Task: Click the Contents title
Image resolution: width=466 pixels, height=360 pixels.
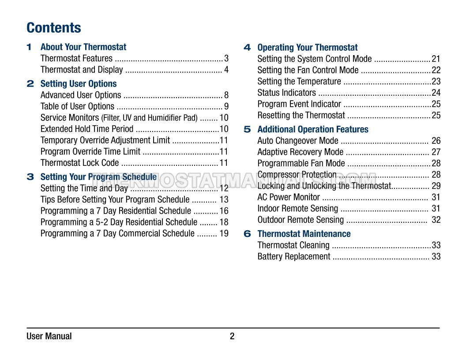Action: [54, 28]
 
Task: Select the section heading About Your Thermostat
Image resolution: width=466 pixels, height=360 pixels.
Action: [83, 47]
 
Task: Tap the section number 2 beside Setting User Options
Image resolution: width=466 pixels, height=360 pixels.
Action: [30, 83]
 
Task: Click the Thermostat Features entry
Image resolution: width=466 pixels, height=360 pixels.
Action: [76, 58]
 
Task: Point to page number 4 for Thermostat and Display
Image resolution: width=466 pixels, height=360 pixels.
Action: [226, 70]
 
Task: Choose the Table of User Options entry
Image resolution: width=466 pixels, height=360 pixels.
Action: [77, 106]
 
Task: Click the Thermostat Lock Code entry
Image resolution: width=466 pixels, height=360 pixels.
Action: [79, 163]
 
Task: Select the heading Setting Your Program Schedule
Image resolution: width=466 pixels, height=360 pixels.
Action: [98, 177]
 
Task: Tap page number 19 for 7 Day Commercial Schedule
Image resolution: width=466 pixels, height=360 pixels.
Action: [224, 234]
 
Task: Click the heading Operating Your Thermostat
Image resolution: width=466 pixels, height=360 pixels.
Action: [308, 48]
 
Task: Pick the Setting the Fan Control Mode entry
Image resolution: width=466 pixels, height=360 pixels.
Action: [308, 70]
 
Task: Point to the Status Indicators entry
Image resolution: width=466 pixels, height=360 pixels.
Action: [286, 93]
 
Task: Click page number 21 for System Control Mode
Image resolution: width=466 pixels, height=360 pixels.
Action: [436, 59]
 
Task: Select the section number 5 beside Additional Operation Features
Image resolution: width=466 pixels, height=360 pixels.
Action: [247, 129]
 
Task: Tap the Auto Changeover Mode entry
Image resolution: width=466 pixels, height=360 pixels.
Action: [298, 141]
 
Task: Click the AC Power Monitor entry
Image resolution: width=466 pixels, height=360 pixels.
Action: [289, 197]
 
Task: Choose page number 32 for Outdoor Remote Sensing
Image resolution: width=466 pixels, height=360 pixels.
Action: [436, 220]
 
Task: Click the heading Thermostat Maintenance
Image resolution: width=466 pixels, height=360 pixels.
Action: [304, 234]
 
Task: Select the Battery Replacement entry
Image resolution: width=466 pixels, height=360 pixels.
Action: [294, 256]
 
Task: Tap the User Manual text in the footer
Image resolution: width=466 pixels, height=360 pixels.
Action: [49, 337]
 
